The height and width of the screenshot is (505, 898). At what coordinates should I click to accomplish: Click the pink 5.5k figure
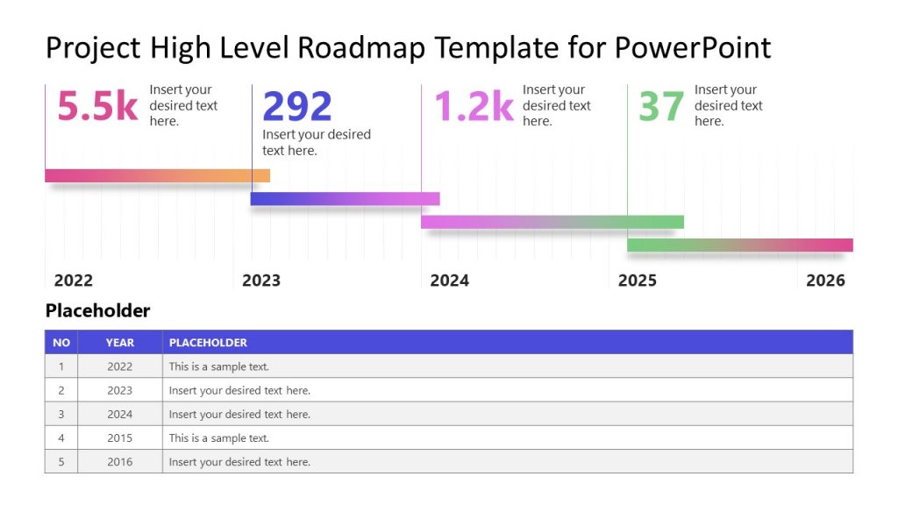pyautogui.click(x=97, y=106)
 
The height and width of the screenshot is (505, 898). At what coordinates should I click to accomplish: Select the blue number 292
pyautogui.click(x=297, y=107)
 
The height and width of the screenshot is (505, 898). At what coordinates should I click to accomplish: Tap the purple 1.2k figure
pyautogui.click(x=474, y=106)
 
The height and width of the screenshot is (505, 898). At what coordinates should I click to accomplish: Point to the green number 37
pyautogui.click(x=660, y=107)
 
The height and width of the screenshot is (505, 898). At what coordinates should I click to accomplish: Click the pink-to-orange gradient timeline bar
pyautogui.click(x=157, y=175)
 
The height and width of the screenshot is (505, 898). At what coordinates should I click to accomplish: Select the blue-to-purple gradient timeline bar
pyautogui.click(x=345, y=199)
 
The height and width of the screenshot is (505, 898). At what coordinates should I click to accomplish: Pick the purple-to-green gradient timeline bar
pyautogui.click(x=552, y=222)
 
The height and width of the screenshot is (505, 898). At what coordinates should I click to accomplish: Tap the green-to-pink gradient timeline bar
pyautogui.click(x=739, y=245)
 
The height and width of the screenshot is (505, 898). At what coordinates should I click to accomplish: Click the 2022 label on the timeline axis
pyautogui.click(x=74, y=281)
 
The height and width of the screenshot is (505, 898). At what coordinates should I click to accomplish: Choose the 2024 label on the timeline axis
pyautogui.click(x=449, y=281)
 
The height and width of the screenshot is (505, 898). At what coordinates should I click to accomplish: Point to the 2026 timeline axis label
pyautogui.click(x=825, y=281)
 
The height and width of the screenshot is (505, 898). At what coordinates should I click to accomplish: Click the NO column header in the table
pyautogui.click(x=61, y=343)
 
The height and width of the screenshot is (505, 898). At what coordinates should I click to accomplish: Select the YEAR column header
pyautogui.click(x=120, y=343)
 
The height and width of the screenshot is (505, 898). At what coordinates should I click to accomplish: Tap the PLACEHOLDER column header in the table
pyautogui.click(x=208, y=343)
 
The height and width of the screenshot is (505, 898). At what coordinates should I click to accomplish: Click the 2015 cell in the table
pyautogui.click(x=120, y=438)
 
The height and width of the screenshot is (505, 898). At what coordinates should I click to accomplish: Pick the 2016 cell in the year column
pyautogui.click(x=120, y=462)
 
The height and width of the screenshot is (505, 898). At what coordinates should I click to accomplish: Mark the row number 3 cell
pyautogui.click(x=61, y=415)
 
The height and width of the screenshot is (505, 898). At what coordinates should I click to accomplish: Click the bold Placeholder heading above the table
pyautogui.click(x=97, y=310)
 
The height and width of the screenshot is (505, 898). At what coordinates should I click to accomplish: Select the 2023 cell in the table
pyautogui.click(x=120, y=391)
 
